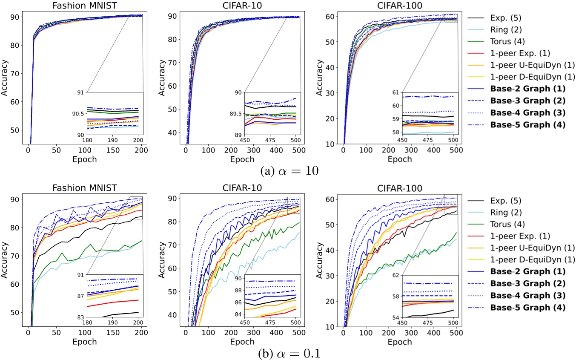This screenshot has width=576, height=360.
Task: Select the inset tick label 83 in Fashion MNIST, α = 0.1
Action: click(x=80, y=317)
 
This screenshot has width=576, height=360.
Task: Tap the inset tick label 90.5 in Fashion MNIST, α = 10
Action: click(x=79, y=114)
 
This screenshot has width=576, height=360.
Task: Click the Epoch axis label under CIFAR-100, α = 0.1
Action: click(x=400, y=341)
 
